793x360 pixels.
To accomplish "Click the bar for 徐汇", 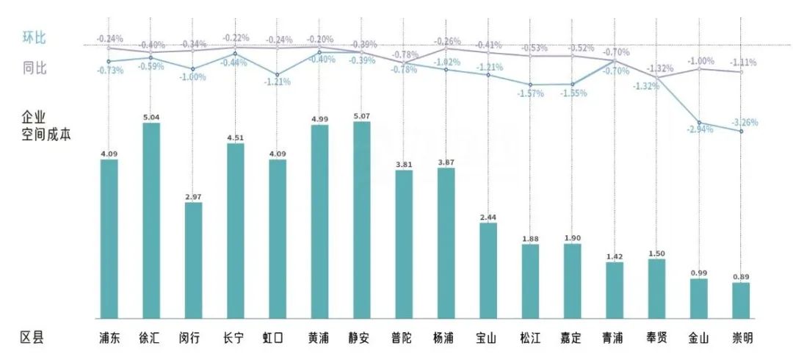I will coord(151,220).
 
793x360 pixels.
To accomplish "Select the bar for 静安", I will coord(362,220).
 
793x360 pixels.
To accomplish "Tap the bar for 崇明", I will coord(741,300).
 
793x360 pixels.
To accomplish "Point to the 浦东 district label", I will coord(109,338).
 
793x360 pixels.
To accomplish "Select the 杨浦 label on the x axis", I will coord(446,338).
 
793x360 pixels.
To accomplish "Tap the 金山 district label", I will coord(699,338).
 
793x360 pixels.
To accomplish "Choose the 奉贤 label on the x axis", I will coord(656,338).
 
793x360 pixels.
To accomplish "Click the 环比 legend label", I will coord(35,38).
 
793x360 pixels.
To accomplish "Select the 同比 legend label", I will coord(35,68).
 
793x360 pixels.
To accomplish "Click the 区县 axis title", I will coord(32,338).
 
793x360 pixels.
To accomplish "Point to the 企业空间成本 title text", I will coord(45,126).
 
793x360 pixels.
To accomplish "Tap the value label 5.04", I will coord(151,117).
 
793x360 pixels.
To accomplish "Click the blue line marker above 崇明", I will coord(741,132).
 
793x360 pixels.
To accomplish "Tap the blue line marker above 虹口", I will coord(278,75).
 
